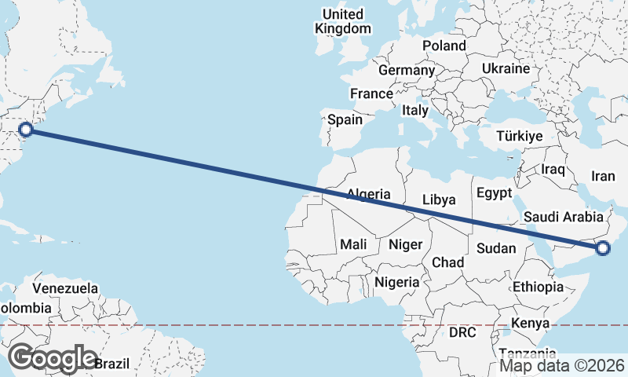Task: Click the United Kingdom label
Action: click(343, 21)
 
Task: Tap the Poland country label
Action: click(444, 46)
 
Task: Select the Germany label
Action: click(406, 71)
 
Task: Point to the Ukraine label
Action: click(506, 68)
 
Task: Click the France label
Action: click(371, 94)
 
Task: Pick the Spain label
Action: click(345, 120)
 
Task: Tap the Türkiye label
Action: click(520, 137)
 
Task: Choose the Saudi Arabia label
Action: click(563, 218)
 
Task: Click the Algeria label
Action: click(368, 194)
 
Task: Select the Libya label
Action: click(438, 199)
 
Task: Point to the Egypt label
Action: click(494, 193)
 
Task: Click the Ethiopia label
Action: click(538, 287)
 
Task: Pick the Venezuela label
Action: click(65, 288)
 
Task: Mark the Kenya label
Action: click(530, 323)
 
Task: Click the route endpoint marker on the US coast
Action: click(25, 129)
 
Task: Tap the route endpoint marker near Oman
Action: click(603, 249)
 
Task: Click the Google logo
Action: click(53, 358)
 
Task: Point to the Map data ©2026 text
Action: click(561, 365)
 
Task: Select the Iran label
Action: click(603, 176)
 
